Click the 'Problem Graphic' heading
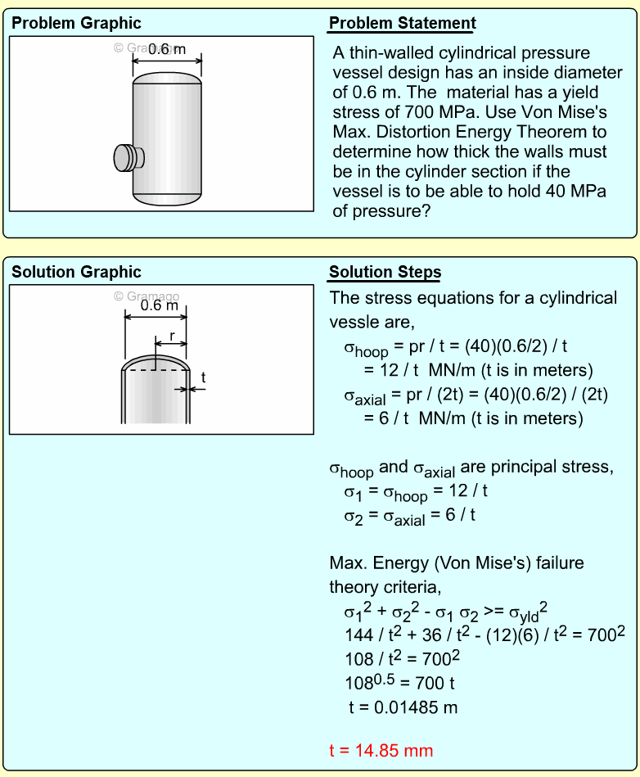(76, 24)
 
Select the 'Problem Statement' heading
(402, 24)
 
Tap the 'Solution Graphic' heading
(76, 273)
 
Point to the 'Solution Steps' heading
(385, 273)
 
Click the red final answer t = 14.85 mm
(381, 750)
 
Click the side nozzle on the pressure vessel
(126, 156)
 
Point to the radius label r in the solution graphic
(171, 336)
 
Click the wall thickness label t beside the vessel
(203, 377)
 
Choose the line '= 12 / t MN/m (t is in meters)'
(480, 370)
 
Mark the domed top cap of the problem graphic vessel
(167, 79)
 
